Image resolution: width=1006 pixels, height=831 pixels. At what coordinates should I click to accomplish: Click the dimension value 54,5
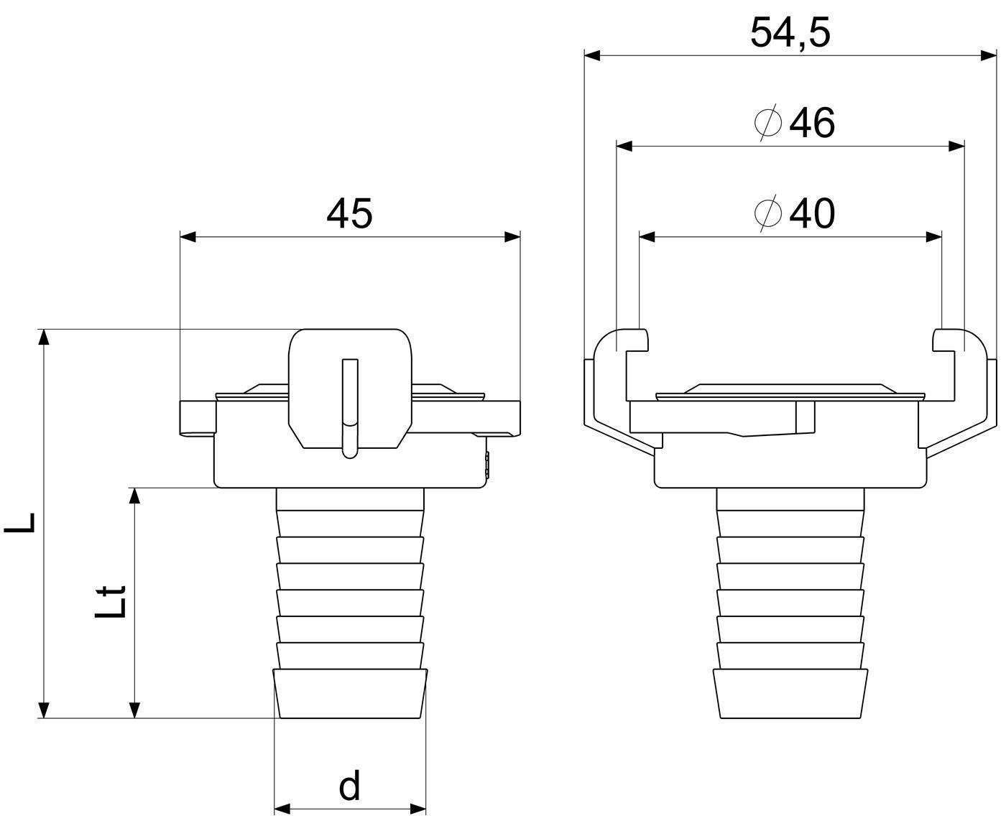tap(790, 33)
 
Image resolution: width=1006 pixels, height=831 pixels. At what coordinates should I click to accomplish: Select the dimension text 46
tap(812, 123)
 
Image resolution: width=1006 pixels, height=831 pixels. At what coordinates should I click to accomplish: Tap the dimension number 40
tap(812, 213)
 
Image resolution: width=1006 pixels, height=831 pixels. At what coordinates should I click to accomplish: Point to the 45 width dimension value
tap(349, 213)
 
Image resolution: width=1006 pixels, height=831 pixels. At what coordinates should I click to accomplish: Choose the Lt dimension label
tap(111, 601)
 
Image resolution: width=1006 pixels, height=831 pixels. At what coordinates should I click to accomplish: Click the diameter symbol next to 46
tap(767, 122)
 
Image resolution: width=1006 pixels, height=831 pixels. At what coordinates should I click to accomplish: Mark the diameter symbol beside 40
tap(767, 213)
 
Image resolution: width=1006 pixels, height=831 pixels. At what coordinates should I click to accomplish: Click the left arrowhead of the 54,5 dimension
tap(593, 55)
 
